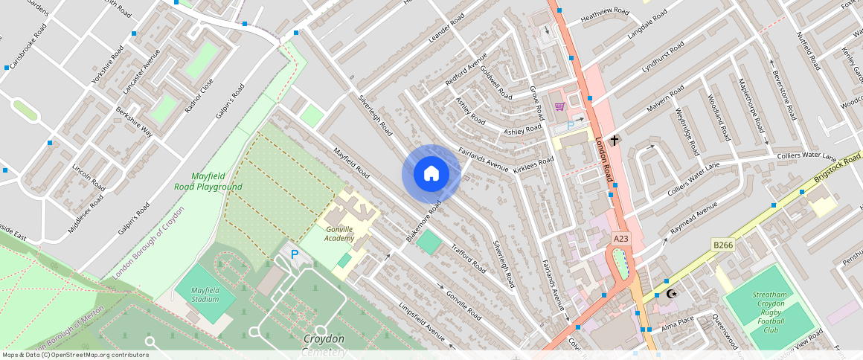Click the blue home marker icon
pyautogui.click(x=431, y=174)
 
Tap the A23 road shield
pyautogui.click(x=621, y=238)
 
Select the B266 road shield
pyautogui.click(x=723, y=245)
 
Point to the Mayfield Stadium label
pyautogui.click(x=205, y=295)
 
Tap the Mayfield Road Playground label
pyautogui.click(x=207, y=181)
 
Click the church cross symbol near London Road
pyautogui.click(x=615, y=139)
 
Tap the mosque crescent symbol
pyautogui.click(x=672, y=294)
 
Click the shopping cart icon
pyautogui.click(x=559, y=107)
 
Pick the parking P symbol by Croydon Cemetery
pyautogui.click(x=295, y=254)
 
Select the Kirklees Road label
pyautogui.click(x=533, y=165)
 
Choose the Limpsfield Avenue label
pyautogui.click(x=422, y=323)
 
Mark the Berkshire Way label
pyautogui.click(x=134, y=121)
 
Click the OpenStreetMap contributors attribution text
pyautogui.click(x=74, y=355)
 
